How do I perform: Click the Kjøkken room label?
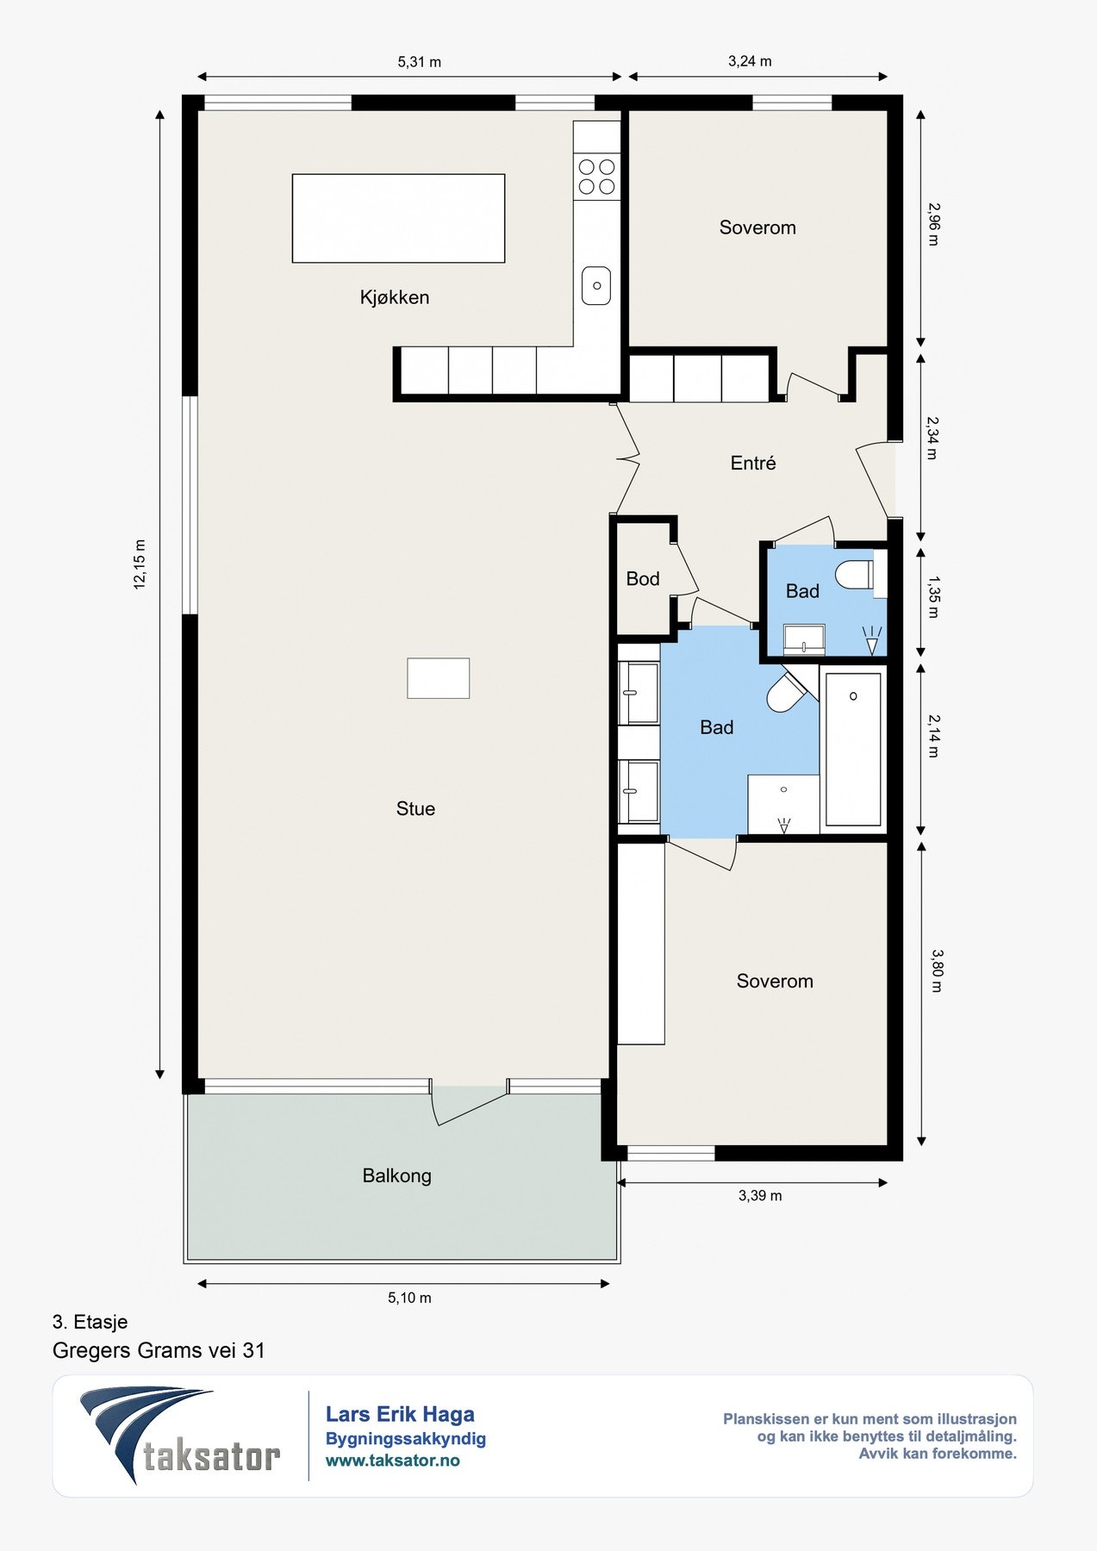[x=395, y=297]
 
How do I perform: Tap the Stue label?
[x=415, y=808]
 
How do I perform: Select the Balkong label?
[x=396, y=1176]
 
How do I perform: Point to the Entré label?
[x=753, y=464]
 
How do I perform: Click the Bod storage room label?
[x=643, y=579]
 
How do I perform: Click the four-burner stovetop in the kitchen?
[x=597, y=177]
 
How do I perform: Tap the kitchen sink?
[x=596, y=285]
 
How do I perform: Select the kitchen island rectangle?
[x=398, y=218]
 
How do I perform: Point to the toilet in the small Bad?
[x=856, y=575]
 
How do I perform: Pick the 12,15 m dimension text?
[x=140, y=564]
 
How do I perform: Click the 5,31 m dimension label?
[x=420, y=62]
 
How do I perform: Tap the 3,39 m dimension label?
[x=760, y=1196]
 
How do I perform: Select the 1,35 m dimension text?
[x=933, y=597]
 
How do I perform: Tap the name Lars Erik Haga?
[x=400, y=1414]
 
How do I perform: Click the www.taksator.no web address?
[x=392, y=1461]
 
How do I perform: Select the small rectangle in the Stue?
[x=439, y=678]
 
